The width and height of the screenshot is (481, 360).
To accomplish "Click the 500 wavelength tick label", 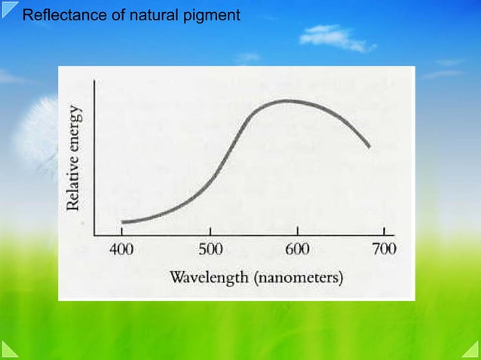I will click(x=210, y=249).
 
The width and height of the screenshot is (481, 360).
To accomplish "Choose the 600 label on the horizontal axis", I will click(x=298, y=249).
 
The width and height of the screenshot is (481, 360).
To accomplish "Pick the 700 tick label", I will click(x=383, y=249).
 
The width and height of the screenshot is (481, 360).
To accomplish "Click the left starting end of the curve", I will click(x=122, y=222).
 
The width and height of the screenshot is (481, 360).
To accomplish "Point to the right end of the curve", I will click(x=369, y=147).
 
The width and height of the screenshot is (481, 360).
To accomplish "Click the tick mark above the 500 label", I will click(x=210, y=230).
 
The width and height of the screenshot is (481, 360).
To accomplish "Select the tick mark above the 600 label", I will click(x=298, y=230).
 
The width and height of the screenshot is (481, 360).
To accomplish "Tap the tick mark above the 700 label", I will click(x=384, y=230).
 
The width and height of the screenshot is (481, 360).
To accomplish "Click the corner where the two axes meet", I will click(x=93, y=234).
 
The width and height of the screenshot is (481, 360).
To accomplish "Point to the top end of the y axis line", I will click(x=93, y=80).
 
